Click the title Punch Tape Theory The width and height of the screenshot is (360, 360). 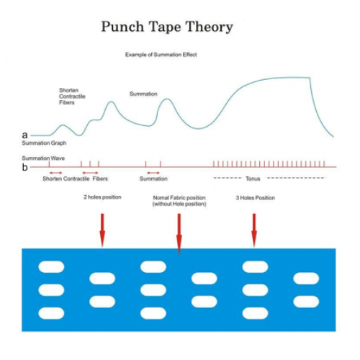167,27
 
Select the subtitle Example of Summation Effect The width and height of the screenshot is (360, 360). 161,55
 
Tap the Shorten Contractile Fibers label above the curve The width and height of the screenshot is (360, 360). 72,96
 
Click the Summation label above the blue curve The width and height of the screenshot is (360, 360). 143,94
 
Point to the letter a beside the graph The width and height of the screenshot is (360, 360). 24,135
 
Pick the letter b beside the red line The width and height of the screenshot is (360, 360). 24,167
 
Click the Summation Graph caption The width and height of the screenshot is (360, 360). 44,143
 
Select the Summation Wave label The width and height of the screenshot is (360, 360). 43,158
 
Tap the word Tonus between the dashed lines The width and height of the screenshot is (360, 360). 253,179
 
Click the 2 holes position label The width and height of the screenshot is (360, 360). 102,197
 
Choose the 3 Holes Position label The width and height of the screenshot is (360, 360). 255,198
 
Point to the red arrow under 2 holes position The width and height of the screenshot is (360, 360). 102,230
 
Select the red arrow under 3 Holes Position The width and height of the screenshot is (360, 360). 254,230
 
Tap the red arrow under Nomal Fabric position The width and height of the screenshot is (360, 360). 179,234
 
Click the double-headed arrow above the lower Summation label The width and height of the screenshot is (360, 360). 153,173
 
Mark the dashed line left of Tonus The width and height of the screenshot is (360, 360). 228,178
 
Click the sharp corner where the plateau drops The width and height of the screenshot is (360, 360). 310,78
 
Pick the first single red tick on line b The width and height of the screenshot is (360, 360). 49,164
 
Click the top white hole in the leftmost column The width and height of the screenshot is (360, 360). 51,267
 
